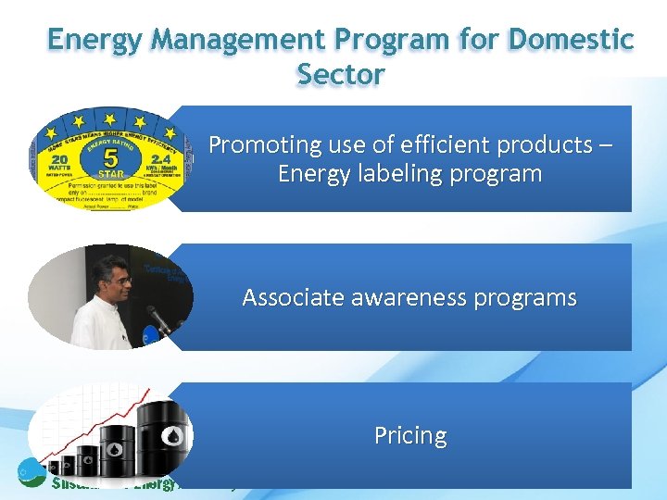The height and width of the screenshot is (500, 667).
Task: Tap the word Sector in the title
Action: (x=341, y=74)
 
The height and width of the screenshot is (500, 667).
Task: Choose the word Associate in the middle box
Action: (x=291, y=298)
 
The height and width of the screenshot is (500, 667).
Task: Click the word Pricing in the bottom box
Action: (x=410, y=435)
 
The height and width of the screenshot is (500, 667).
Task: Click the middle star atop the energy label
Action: (x=110, y=117)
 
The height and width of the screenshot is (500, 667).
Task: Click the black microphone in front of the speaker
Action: (x=158, y=320)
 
